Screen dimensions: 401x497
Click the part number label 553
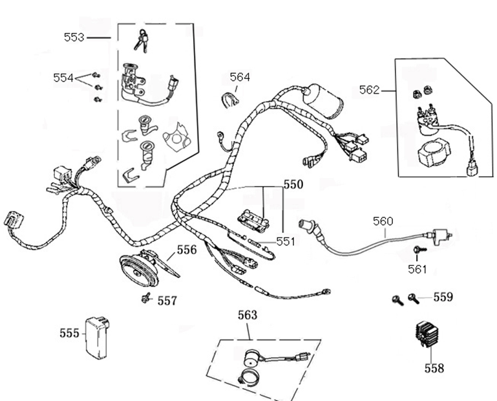pyautogui.click(x=74, y=38)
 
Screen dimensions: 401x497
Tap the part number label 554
pyautogui.click(x=63, y=78)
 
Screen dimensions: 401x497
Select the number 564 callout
pyautogui.click(x=240, y=77)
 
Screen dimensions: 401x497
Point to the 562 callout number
pyautogui.click(x=369, y=90)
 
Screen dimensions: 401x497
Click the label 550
pyautogui.click(x=293, y=184)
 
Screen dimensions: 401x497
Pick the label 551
pyautogui.click(x=285, y=241)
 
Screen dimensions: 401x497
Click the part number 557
pyautogui.click(x=167, y=301)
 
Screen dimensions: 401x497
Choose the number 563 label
pyautogui.click(x=247, y=315)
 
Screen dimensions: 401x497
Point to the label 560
pyautogui.click(x=383, y=221)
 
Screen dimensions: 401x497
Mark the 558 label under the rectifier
pyautogui.click(x=434, y=368)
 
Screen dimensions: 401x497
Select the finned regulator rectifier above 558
pyautogui.click(x=428, y=337)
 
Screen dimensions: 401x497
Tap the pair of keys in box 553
pyautogui.click(x=141, y=41)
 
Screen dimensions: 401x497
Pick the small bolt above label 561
pyautogui.click(x=418, y=250)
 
